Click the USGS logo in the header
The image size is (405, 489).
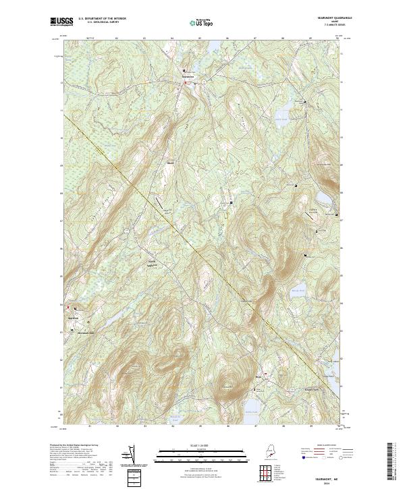pos(60,22)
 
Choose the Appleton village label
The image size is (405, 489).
pos(73,317)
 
